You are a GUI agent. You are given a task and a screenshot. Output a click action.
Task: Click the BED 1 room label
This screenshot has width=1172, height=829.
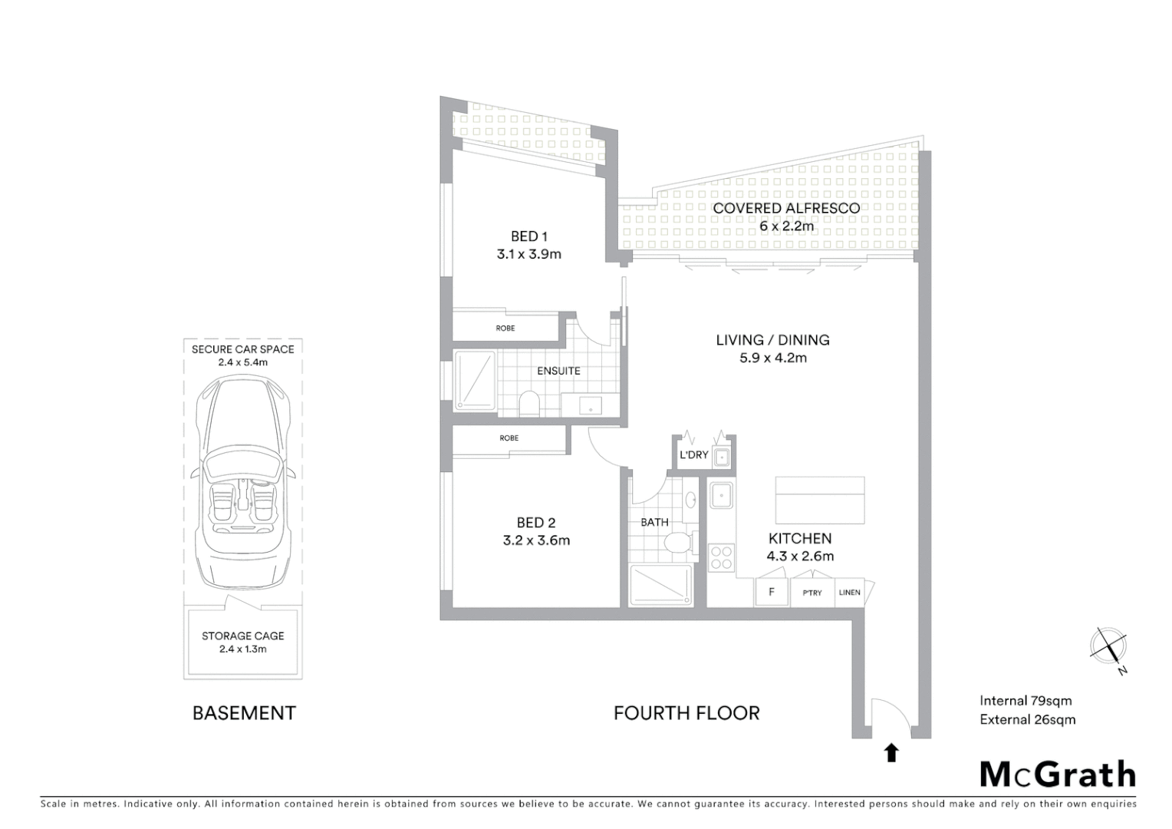point(528,236)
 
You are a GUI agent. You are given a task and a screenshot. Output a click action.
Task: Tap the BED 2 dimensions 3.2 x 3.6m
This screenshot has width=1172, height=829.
point(536,540)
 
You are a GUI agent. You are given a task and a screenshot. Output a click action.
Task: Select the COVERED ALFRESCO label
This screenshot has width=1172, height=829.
point(786,208)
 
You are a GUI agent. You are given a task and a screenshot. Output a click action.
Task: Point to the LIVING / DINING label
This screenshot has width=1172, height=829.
point(772,339)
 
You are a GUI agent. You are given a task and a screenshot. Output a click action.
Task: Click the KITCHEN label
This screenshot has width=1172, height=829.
point(800,538)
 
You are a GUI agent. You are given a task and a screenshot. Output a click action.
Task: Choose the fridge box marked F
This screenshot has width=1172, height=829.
point(772,592)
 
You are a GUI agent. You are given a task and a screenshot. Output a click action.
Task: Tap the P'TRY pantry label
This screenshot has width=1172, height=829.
point(812,593)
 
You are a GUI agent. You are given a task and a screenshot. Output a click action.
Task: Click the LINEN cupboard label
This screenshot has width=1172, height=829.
point(849,593)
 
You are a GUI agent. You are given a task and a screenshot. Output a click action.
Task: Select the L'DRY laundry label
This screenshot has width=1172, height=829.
point(693,455)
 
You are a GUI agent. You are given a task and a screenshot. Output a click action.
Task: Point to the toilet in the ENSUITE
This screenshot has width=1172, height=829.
point(529,403)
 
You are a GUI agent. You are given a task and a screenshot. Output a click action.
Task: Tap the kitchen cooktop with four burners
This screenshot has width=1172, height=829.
point(721,557)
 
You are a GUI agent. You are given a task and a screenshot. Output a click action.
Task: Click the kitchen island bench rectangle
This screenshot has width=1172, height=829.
point(820,500)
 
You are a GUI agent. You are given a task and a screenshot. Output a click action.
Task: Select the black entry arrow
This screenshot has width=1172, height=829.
point(891,753)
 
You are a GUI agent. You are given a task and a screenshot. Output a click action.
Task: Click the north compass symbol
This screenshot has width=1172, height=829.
point(1108,646)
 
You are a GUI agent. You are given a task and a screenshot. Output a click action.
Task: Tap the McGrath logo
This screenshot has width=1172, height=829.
point(1058,775)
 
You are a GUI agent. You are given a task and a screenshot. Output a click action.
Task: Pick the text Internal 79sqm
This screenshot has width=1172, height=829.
point(1025,700)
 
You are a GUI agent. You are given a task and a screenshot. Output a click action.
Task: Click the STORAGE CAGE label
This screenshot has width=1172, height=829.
point(243,636)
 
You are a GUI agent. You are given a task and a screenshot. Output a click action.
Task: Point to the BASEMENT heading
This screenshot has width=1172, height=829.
point(244,713)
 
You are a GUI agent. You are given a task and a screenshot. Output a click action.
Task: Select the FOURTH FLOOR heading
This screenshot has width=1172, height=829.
point(686,713)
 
